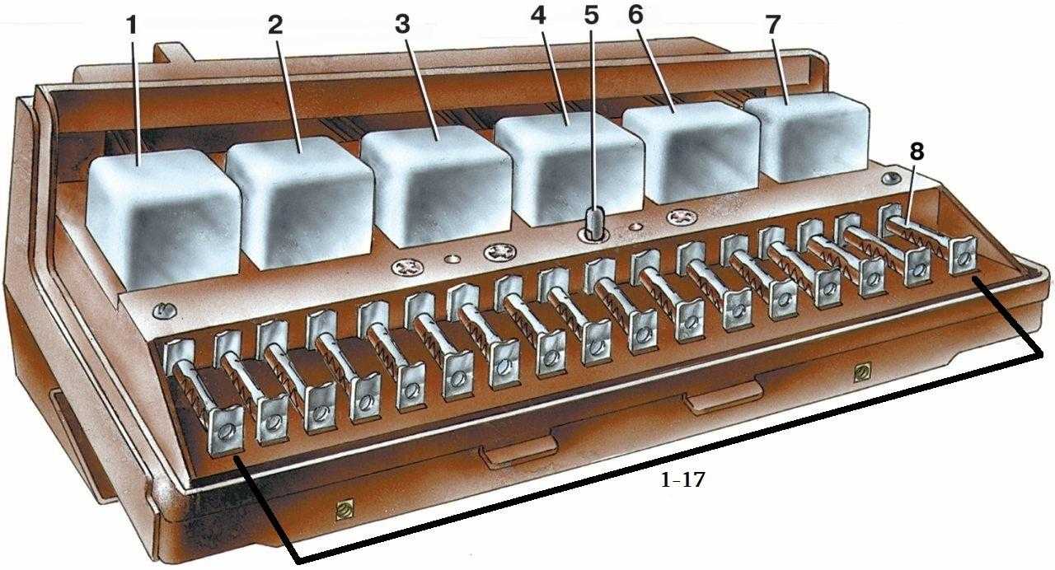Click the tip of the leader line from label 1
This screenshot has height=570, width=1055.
click(x=139, y=166)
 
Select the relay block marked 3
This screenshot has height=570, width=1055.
click(x=436, y=186)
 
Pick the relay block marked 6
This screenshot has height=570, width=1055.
click(x=691, y=152)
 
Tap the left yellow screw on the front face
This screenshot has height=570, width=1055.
click(x=345, y=510)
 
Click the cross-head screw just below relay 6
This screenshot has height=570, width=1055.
click(x=681, y=217)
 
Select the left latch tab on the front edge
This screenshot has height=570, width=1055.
click(x=518, y=451)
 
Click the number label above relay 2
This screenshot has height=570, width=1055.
click(x=275, y=26)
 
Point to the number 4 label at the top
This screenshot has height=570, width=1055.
click(x=538, y=16)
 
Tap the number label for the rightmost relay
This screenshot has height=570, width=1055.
click(x=772, y=25)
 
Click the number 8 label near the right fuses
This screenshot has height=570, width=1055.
click(x=916, y=152)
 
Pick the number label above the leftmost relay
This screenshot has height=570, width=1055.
click(x=132, y=26)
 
